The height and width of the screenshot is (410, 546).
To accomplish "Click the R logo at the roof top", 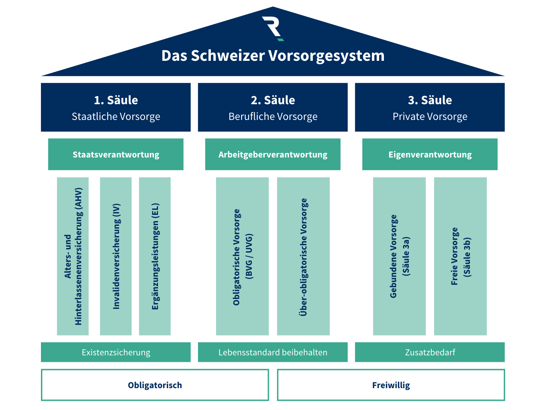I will click(x=273, y=28).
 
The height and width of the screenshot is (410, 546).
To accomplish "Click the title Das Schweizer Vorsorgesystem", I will click(x=273, y=56).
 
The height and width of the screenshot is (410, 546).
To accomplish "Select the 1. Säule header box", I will click(x=116, y=107).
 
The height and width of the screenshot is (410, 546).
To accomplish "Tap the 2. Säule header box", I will click(x=273, y=107).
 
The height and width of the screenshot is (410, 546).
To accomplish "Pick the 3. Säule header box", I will click(x=430, y=107).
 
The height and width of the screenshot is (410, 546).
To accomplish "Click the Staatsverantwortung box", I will click(x=116, y=154).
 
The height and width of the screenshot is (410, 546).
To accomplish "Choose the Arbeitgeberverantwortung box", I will click(x=273, y=154).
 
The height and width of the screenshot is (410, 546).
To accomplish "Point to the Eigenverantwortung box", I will click(x=430, y=154).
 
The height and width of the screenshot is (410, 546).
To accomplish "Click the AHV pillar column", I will click(x=73, y=256).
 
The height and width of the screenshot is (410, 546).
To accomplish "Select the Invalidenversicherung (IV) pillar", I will click(x=116, y=256).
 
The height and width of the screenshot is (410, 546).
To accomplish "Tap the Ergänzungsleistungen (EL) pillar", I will click(x=155, y=256).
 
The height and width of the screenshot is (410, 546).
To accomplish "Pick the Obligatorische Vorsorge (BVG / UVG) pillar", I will click(x=242, y=256).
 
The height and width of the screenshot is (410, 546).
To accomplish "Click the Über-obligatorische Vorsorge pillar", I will click(x=303, y=256).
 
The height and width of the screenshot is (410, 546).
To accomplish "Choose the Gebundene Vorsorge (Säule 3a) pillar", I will click(x=399, y=256).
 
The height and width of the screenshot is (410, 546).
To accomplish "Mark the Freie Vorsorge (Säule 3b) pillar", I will click(x=460, y=256).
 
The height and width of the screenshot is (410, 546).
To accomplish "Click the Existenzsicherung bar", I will click(x=116, y=352).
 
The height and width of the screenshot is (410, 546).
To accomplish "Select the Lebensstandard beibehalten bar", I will click(x=273, y=352).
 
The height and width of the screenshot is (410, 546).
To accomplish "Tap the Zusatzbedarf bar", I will click(x=430, y=352).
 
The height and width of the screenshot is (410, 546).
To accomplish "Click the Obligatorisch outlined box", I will click(x=155, y=385).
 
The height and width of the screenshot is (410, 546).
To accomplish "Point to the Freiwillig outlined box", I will click(x=391, y=385).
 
